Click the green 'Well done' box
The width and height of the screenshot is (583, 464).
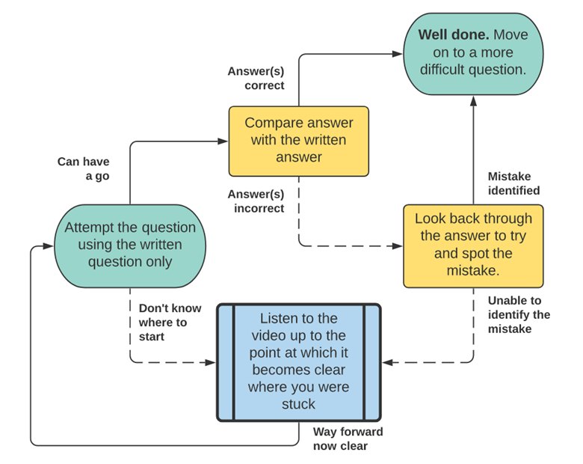click(473, 52)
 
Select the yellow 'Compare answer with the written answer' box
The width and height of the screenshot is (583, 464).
click(298, 141)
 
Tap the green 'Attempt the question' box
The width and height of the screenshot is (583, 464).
click(130, 245)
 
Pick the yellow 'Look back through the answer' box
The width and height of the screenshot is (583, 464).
click(473, 245)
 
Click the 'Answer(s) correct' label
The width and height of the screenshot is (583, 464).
click(256, 79)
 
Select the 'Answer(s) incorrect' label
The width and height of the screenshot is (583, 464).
click(256, 201)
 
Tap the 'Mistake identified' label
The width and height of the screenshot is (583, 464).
click(514, 183)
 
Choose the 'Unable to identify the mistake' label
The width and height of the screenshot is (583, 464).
click(519, 314)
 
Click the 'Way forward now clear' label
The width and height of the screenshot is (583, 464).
click(348, 439)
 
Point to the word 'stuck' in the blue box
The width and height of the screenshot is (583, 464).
click(299, 405)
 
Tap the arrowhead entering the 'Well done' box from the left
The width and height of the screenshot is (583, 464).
click(398, 53)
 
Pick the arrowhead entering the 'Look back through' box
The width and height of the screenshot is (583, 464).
click(398, 245)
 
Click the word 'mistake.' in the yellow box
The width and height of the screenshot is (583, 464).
click(473, 270)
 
